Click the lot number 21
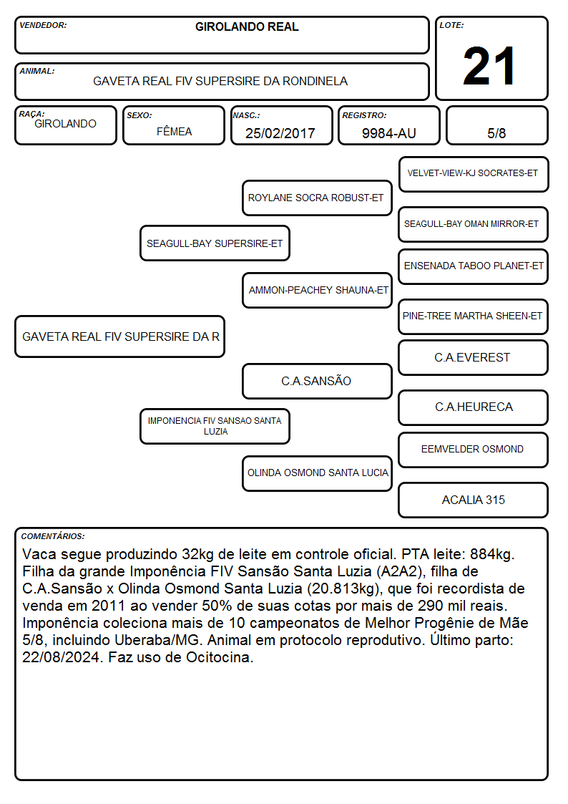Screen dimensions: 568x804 click(x=489, y=66)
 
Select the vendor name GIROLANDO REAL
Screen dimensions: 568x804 click(x=247, y=26)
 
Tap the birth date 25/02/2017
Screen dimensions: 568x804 click(x=280, y=133)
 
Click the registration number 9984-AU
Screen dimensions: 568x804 click(x=388, y=133)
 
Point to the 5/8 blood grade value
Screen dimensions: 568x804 click(x=496, y=133)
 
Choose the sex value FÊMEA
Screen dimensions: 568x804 click(x=174, y=131)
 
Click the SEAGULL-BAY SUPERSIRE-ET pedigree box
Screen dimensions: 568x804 click(x=215, y=243)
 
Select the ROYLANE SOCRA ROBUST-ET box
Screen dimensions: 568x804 click(x=316, y=198)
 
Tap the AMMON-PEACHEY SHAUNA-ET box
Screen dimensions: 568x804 click(x=317, y=290)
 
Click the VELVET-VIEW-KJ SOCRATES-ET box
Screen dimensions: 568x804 click(x=474, y=174)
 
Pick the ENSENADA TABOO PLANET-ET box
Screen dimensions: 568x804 click(x=474, y=266)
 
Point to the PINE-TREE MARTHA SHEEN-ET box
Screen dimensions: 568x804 click(x=474, y=316)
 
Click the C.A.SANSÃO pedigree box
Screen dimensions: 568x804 click(x=317, y=381)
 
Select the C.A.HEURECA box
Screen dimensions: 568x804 click(x=474, y=407)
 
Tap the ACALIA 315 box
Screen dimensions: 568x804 click(x=474, y=500)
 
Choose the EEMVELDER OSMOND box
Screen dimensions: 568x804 click(x=474, y=450)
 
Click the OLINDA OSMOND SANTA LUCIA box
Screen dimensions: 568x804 click(x=317, y=473)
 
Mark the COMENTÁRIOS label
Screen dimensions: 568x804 click(x=53, y=536)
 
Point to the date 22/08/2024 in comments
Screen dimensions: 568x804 click(x=62, y=657)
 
